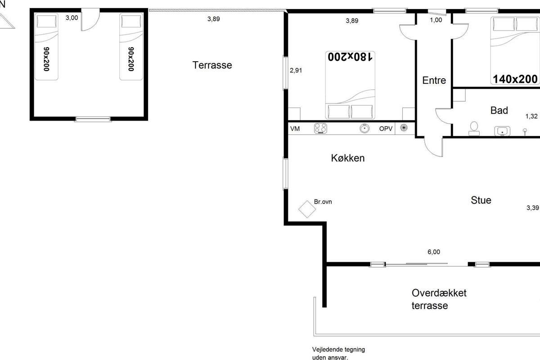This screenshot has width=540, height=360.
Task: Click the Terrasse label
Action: click(212, 65)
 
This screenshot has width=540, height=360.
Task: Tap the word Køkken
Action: click(347, 158)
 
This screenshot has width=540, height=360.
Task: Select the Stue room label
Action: click(481, 200)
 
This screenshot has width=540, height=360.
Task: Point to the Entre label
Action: click(434, 80)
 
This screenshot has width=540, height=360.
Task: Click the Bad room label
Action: click(499, 110)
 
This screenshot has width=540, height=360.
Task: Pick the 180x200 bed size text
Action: click(350, 57)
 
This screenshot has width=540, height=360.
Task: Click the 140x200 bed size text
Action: click(515, 79)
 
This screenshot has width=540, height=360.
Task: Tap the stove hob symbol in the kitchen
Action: click(320, 128)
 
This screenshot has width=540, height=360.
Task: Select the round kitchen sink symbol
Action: click(364, 128)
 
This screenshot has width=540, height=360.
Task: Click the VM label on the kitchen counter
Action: click(295, 129)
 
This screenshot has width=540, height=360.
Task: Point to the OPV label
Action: click(386, 129)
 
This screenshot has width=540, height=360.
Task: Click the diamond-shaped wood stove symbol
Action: click(307, 209)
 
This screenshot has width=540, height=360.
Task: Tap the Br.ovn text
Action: click(323, 202)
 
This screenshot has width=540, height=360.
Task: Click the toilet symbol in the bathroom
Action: click(474, 129)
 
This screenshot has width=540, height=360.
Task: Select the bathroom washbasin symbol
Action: click(502, 131)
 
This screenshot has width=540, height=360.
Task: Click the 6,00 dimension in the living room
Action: click(434, 252)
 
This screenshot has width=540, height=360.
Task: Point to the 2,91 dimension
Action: click(296, 70)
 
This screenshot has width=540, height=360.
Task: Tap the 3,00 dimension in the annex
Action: click(72, 18)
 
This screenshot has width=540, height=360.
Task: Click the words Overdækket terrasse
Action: click(439, 299)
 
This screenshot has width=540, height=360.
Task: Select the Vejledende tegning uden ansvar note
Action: click(338, 353)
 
